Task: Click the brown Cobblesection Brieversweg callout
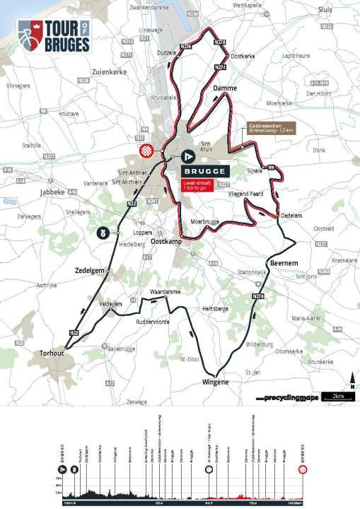[x=271, y=128]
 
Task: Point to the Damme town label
[x=223, y=89]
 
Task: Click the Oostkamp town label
[x=167, y=242]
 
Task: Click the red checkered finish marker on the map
[x=147, y=151]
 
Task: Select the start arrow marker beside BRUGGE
[x=188, y=156]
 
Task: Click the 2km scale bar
[x=337, y=397]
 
